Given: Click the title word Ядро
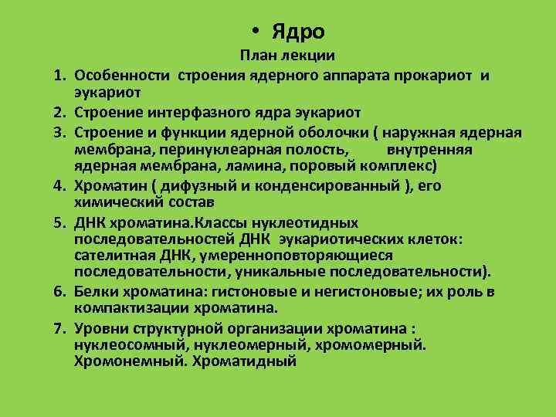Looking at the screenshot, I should point(297,32).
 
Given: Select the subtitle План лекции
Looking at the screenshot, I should point(286,56).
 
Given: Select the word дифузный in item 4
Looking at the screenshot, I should point(191,186).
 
